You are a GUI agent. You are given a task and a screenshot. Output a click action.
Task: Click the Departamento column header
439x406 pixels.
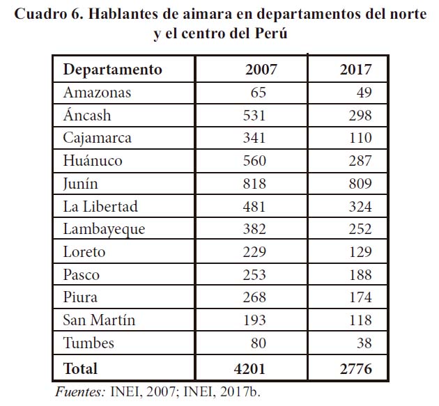pyautogui.click(x=112, y=70)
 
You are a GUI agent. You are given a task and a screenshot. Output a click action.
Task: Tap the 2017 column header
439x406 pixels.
pyautogui.click(x=355, y=70)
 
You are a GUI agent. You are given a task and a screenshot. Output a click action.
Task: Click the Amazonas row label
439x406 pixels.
pyautogui.click(x=97, y=93)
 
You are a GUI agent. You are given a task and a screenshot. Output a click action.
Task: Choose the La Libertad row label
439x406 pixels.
pyautogui.click(x=100, y=207)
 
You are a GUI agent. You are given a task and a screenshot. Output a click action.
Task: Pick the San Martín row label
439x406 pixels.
pyautogui.click(x=99, y=320)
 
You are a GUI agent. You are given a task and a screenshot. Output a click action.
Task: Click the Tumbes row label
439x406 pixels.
pyautogui.click(x=88, y=343)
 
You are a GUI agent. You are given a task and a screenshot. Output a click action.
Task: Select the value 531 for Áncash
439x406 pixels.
pyautogui.click(x=254, y=116)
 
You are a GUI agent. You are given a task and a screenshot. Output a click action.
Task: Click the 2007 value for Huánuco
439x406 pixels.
pyautogui.click(x=254, y=161)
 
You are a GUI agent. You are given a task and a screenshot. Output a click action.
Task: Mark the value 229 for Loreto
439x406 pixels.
pyautogui.click(x=254, y=252)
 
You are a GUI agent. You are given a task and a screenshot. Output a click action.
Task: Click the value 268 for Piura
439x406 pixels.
pyautogui.click(x=254, y=297)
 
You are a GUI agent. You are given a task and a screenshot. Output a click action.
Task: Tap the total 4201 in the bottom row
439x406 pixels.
pyautogui.click(x=251, y=368)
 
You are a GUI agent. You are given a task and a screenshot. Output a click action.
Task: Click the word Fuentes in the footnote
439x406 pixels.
pyautogui.click(x=79, y=392)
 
